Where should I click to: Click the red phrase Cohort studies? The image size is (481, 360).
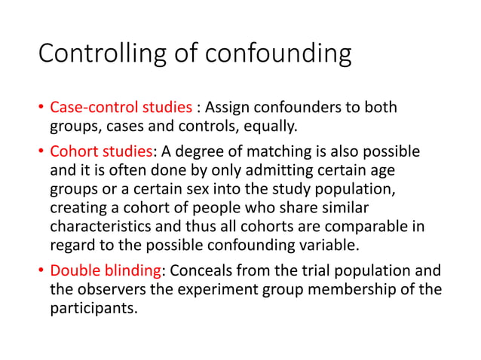(100, 153)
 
